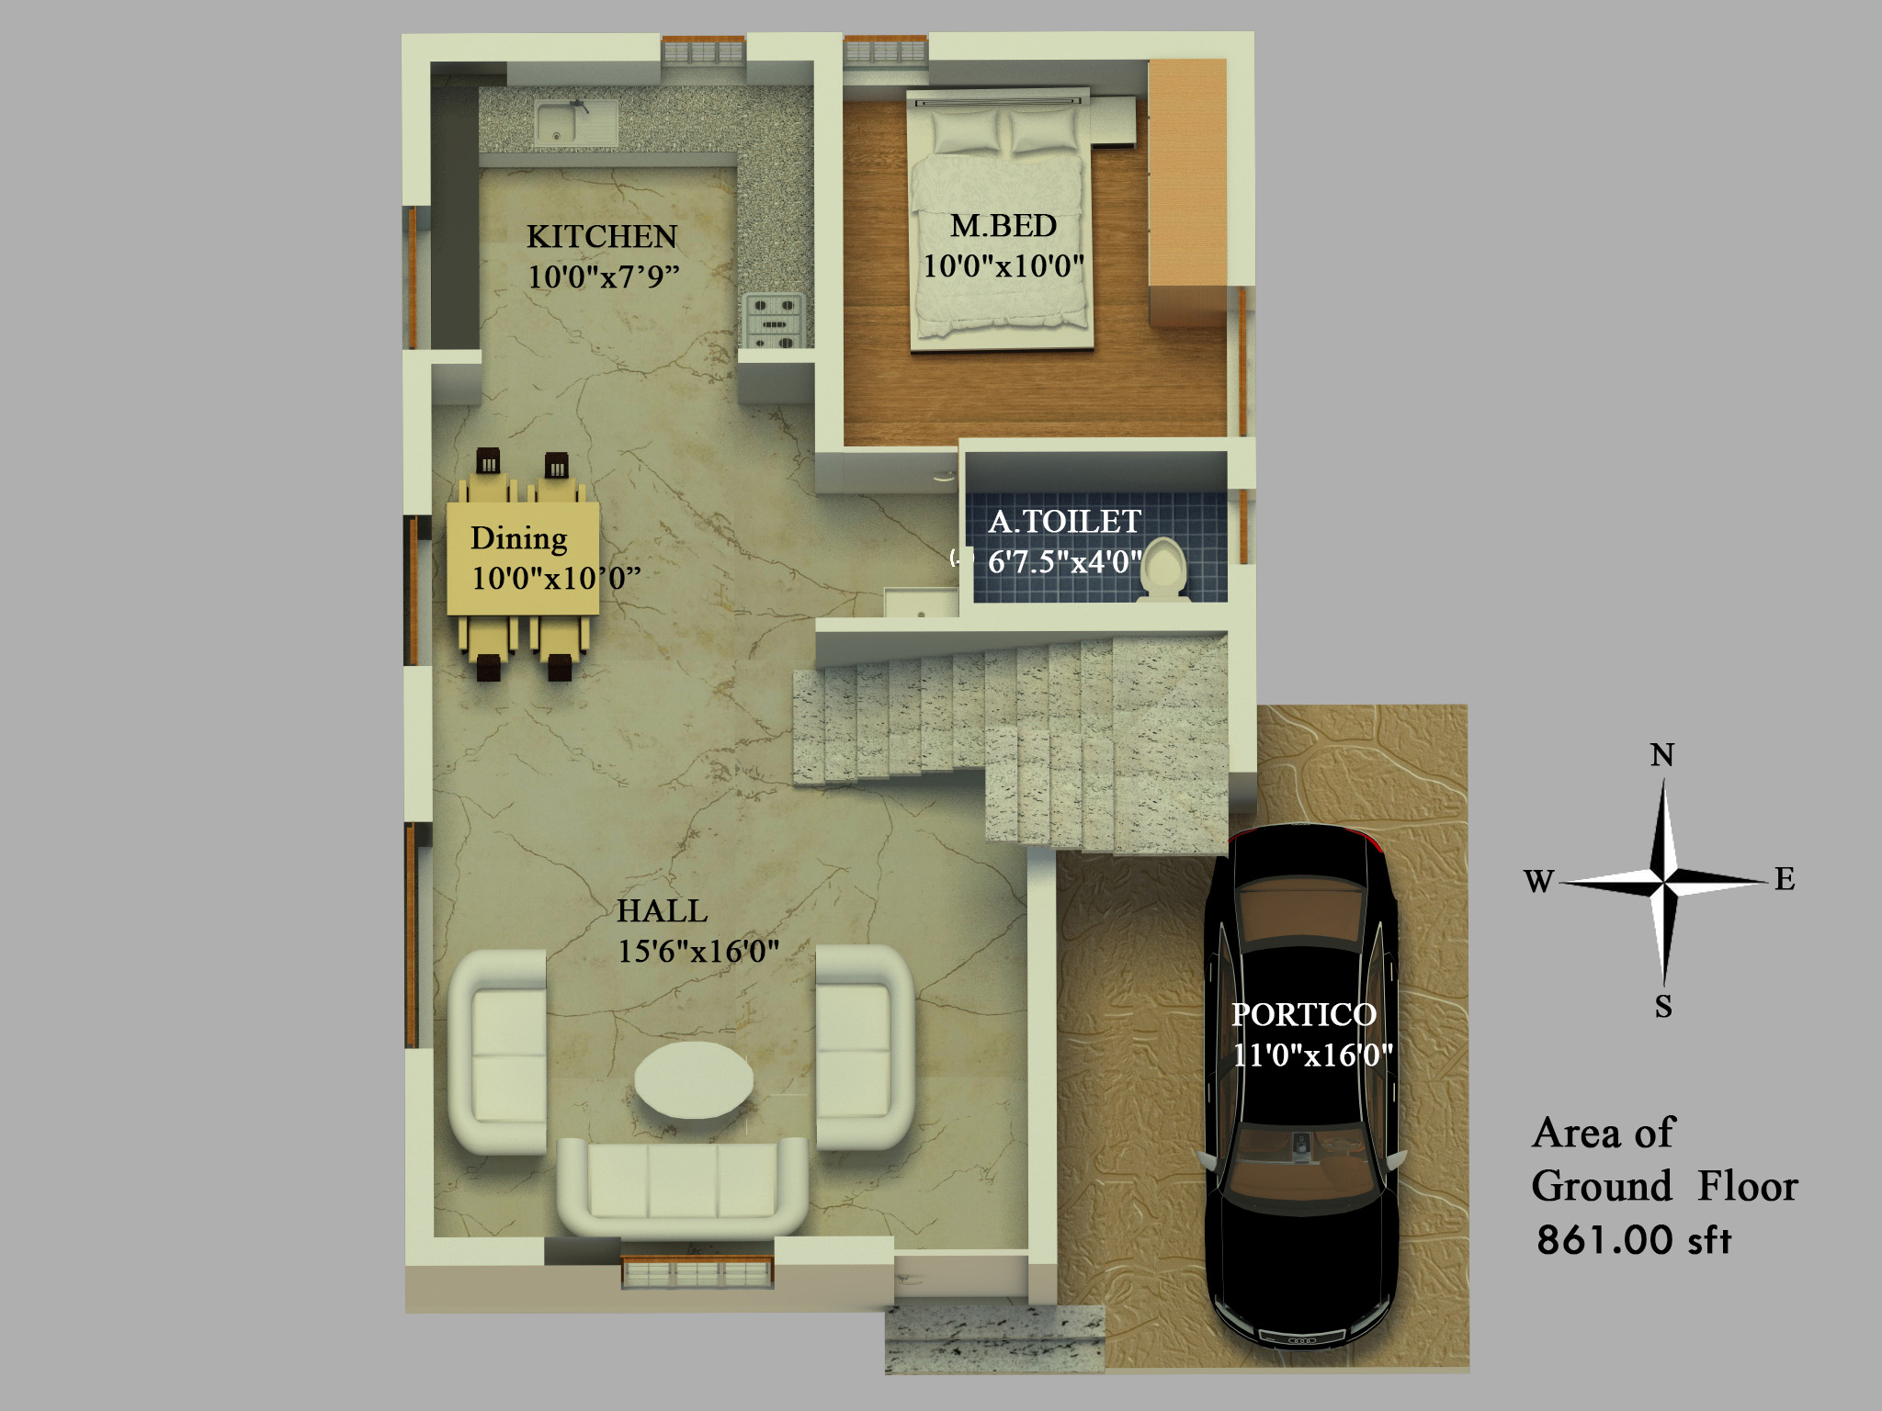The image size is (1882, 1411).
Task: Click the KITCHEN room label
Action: [x=602, y=237]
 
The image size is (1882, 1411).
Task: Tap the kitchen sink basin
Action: [x=576, y=123]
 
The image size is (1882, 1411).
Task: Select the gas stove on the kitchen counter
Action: [x=773, y=321]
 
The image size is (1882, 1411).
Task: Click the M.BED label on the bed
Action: [x=1003, y=226]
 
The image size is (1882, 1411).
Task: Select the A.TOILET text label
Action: [x=1065, y=522]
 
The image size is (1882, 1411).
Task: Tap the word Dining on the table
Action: [x=518, y=538]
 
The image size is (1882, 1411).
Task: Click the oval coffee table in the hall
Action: [x=694, y=1079]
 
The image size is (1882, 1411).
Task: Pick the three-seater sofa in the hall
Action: [x=683, y=1186]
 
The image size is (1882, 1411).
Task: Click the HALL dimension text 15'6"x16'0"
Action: [x=698, y=951]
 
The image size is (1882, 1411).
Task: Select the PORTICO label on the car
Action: [x=1304, y=1014]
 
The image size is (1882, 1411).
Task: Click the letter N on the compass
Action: [x=1661, y=755]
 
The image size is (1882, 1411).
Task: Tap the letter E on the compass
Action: [x=1785, y=879]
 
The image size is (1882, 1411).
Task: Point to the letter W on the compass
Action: [x=1538, y=881]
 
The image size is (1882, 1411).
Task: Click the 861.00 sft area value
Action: [x=1634, y=1239]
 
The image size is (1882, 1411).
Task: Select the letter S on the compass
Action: [x=1663, y=1007]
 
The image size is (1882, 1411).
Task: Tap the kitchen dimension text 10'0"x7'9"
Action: [x=603, y=276]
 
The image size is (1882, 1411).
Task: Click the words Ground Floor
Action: [x=1664, y=1186]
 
